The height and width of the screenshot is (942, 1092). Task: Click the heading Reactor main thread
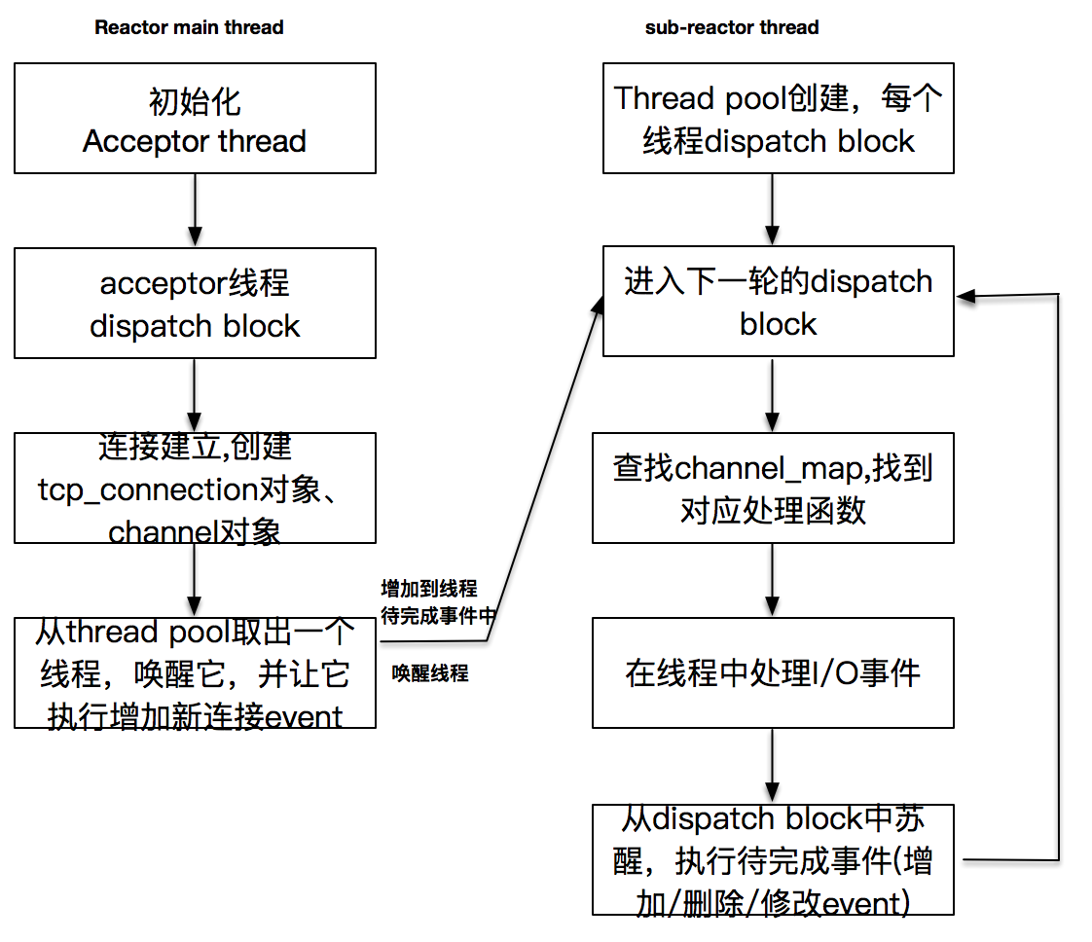click(x=189, y=27)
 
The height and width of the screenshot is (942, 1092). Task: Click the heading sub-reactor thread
click(x=732, y=27)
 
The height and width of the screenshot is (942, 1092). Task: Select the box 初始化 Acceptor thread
click(x=195, y=119)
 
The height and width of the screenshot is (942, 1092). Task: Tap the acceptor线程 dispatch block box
click(x=195, y=303)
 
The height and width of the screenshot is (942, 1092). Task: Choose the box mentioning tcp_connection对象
click(x=195, y=489)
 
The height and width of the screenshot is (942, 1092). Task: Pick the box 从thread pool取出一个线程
click(x=195, y=672)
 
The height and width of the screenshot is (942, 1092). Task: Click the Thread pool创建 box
click(x=778, y=119)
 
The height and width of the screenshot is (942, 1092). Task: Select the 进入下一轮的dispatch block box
click(x=778, y=302)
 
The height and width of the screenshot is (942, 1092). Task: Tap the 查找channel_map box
click(x=773, y=489)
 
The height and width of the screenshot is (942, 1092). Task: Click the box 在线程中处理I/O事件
click(x=773, y=672)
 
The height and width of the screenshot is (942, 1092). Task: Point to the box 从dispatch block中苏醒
click(x=773, y=859)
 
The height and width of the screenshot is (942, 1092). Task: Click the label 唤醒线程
click(x=430, y=673)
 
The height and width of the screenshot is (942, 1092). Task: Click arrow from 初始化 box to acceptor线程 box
click(x=195, y=210)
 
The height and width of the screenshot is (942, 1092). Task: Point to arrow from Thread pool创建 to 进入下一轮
click(x=773, y=210)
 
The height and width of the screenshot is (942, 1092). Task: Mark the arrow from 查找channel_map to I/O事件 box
click(x=773, y=580)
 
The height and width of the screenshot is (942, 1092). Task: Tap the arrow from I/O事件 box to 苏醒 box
click(x=773, y=765)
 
